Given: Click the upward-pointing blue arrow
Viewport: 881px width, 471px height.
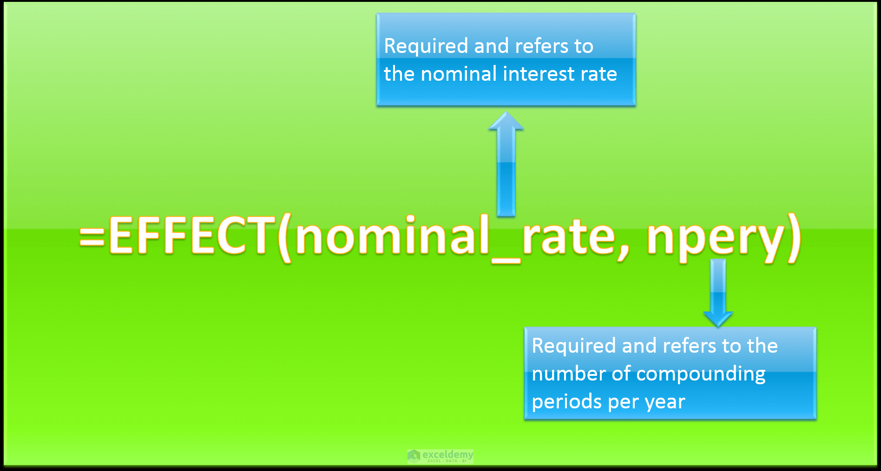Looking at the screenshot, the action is pyautogui.click(x=506, y=164).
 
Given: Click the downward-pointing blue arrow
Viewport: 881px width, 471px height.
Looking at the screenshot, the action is pyautogui.click(x=718, y=293).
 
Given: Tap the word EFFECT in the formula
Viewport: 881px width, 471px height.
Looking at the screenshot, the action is pyautogui.click(x=191, y=235).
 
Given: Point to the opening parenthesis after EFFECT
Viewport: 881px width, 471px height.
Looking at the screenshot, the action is pyautogui.click(x=284, y=238).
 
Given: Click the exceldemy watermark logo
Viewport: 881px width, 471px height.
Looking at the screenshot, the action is pyautogui.click(x=440, y=456).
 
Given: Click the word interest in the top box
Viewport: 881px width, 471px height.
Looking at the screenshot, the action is pyautogui.click(x=539, y=74).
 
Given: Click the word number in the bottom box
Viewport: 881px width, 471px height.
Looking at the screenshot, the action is pyautogui.click(x=569, y=374).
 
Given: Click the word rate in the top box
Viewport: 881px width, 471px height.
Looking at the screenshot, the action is pyautogui.click(x=599, y=74).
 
